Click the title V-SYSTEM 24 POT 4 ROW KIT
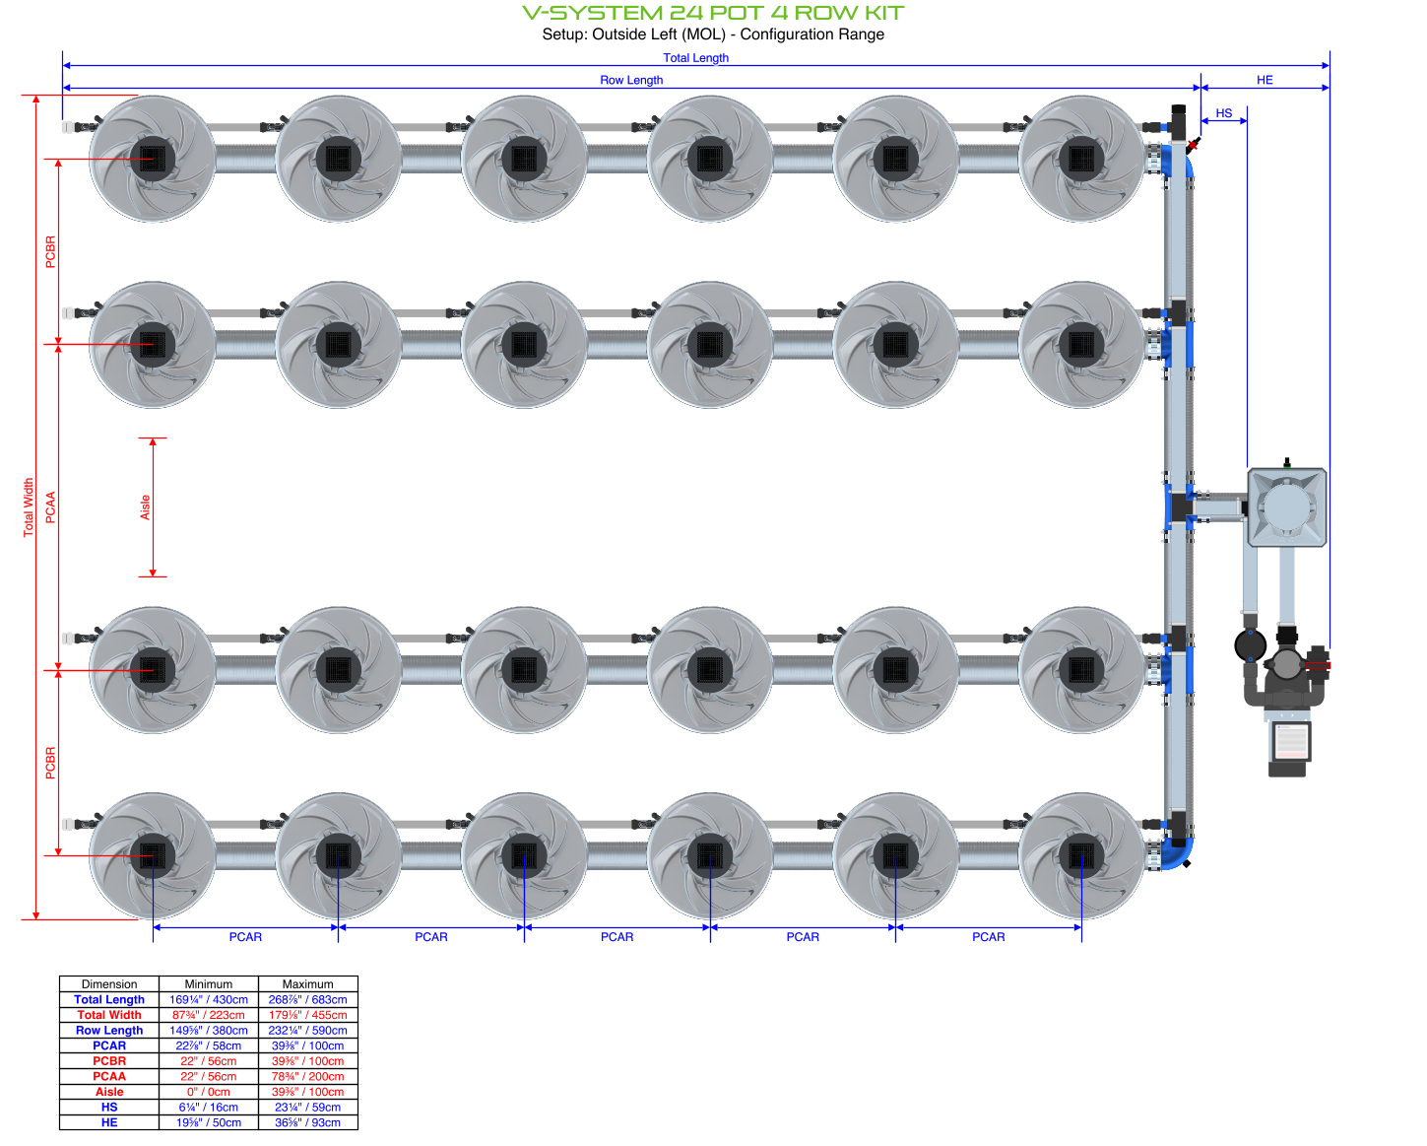713,13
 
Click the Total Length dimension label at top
695,58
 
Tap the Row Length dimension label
631,80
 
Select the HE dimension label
1265,80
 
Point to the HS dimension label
1223,113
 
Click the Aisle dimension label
145,507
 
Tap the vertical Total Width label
29,507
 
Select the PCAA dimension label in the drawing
50,507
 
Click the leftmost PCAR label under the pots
245,937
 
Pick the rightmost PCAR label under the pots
988,937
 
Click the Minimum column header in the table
209,984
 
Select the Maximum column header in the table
307,984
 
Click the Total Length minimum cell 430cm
209,999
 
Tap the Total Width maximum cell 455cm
307,1015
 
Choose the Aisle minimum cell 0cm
209,1092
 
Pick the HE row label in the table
109,1122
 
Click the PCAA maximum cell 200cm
307,1076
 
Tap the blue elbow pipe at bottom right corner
1179,854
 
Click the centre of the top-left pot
153,159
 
